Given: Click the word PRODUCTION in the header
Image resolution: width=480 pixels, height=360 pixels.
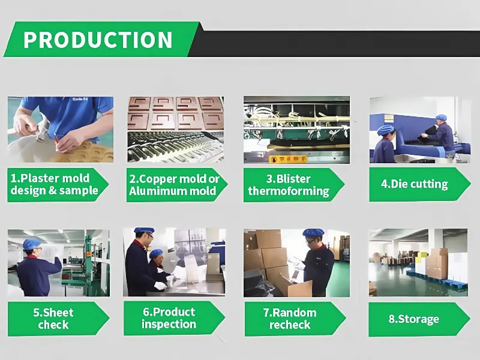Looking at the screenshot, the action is [x=98, y=40].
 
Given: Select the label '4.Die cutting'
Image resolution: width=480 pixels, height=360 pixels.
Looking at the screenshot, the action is [x=414, y=184].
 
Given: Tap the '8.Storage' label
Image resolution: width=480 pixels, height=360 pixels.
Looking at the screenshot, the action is [x=413, y=319].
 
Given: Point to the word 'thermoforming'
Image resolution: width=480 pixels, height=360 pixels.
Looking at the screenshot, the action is [x=289, y=191].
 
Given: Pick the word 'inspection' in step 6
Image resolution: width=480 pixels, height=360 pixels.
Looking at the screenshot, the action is [x=169, y=324].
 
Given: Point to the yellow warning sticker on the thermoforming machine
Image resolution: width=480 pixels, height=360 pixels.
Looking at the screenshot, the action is [x=288, y=159].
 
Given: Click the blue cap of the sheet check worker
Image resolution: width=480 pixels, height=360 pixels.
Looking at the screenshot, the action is [x=32, y=244].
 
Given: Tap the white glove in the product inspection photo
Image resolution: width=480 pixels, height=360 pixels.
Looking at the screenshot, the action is [x=160, y=286].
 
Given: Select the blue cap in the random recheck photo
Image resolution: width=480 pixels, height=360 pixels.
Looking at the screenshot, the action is [x=313, y=232].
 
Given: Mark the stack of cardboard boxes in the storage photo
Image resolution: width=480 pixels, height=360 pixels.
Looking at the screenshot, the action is [x=437, y=263].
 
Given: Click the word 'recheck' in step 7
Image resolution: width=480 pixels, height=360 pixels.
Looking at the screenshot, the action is [x=290, y=325].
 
